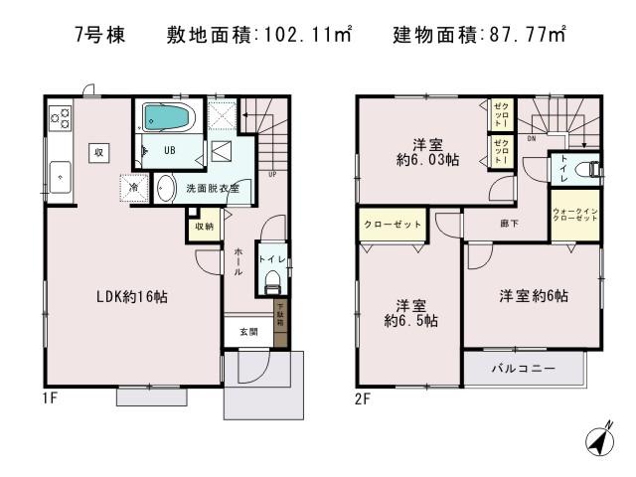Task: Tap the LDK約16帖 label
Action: [x=130, y=296]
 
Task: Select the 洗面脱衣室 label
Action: [x=215, y=187]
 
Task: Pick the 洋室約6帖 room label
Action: [x=534, y=296]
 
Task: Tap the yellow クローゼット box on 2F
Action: [x=392, y=225]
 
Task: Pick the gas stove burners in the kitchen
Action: [x=61, y=118]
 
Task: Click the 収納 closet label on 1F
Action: [x=203, y=227]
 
